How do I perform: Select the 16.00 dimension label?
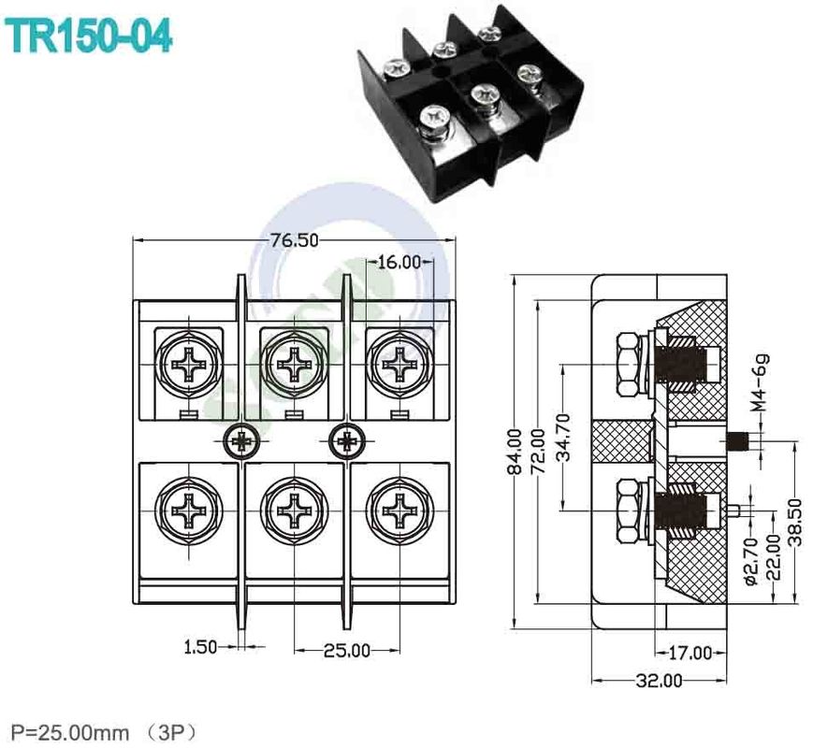(x=399, y=263)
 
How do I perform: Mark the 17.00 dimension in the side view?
(x=690, y=653)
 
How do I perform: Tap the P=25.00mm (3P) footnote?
(x=104, y=729)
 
